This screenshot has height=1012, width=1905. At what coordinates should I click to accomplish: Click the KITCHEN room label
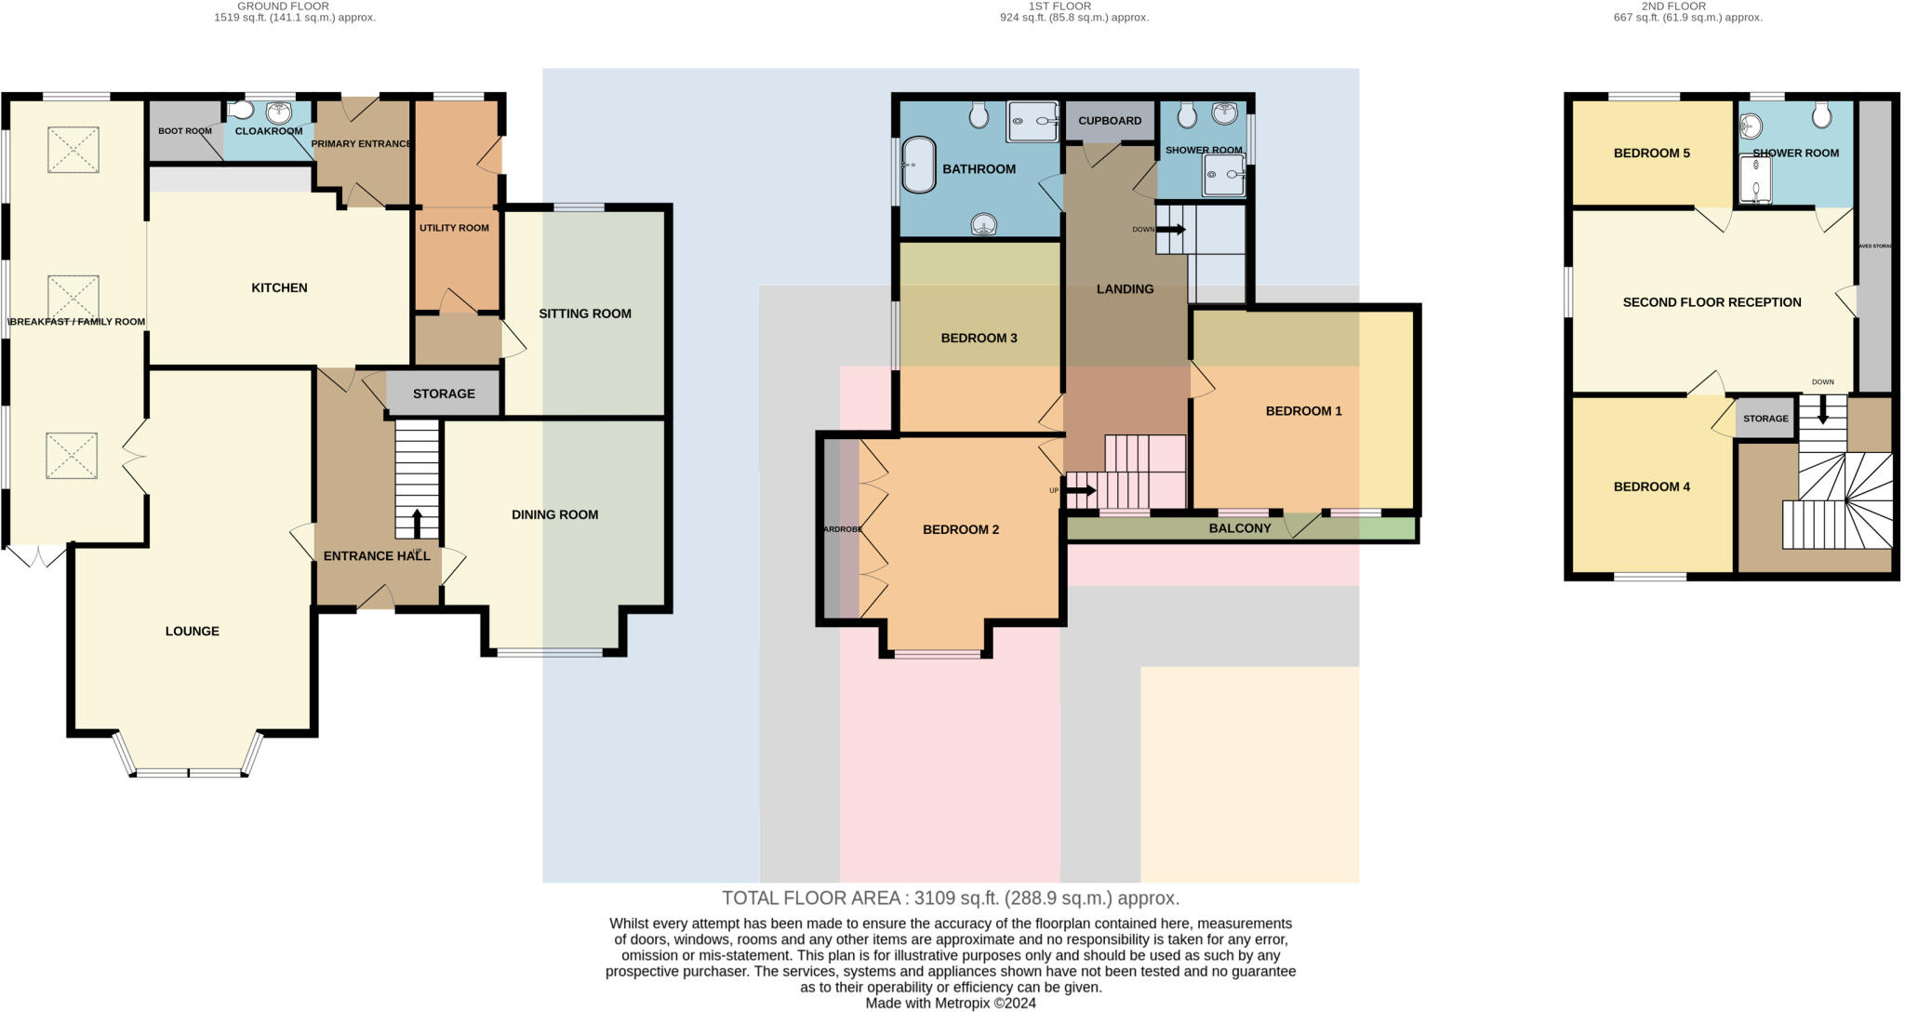279,287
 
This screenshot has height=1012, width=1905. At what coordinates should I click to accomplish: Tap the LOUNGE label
193,631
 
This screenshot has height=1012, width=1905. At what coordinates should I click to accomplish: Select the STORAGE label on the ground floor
444,393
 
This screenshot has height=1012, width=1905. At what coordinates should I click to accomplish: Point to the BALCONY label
1239,528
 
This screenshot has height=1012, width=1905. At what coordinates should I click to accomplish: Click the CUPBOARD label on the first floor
1110,121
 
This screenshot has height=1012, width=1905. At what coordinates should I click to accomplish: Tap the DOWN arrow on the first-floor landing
1170,229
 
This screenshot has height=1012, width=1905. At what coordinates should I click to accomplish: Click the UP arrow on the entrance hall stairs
417,525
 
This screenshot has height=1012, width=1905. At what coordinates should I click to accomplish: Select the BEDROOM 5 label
1651,153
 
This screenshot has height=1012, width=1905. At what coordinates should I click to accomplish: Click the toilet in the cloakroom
240,111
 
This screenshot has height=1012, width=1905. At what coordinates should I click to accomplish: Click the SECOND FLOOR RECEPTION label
1712,302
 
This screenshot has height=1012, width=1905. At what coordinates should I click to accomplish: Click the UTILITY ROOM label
454,228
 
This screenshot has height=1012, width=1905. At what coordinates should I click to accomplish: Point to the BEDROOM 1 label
1303,411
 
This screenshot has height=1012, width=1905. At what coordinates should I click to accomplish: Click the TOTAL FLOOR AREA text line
951,899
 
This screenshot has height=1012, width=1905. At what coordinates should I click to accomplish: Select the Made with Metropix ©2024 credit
951,1004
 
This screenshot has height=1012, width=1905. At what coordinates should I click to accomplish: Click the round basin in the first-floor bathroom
984,224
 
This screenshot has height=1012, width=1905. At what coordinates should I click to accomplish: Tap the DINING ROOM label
554,514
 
